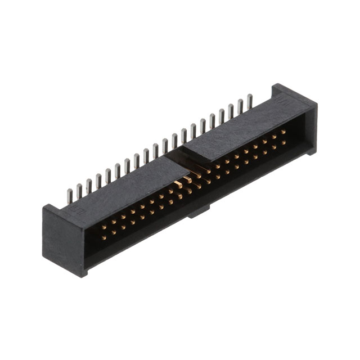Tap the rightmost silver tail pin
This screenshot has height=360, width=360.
tap(250, 101)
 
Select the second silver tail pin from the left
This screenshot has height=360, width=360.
tap(79, 191)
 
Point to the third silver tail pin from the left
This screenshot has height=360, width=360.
tap(88, 186)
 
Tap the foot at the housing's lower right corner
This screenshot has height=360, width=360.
tap(310, 151)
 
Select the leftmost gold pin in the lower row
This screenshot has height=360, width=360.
tap(103, 236)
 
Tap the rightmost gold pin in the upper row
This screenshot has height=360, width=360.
tap(283, 130)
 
